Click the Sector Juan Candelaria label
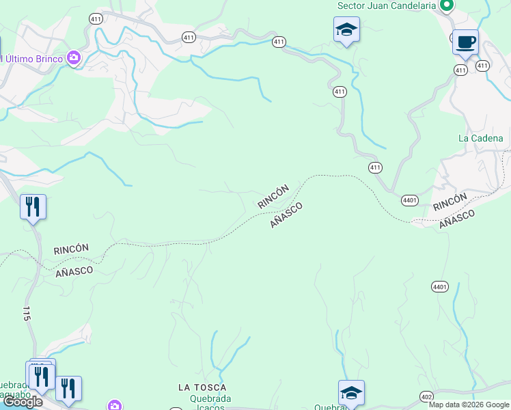coord(387,6)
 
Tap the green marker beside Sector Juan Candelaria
coord(447,5)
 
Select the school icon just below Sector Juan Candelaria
coord(346,30)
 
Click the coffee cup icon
coord(465,42)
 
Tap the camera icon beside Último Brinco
coord(74,59)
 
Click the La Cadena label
coord(480,138)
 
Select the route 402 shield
coord(427,397)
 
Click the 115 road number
coord(27,314)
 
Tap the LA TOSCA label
coord(202,387)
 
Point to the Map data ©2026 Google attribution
coord(469,405)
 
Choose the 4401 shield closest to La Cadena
coord(410,200)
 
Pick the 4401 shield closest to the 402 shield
coord(439,286)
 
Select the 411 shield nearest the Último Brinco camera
coord(95,20)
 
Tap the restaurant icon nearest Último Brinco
coord(33,206)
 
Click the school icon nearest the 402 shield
coord(352,393)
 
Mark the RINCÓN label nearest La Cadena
coord(450,202)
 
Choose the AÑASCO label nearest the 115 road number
coord(74,271)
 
